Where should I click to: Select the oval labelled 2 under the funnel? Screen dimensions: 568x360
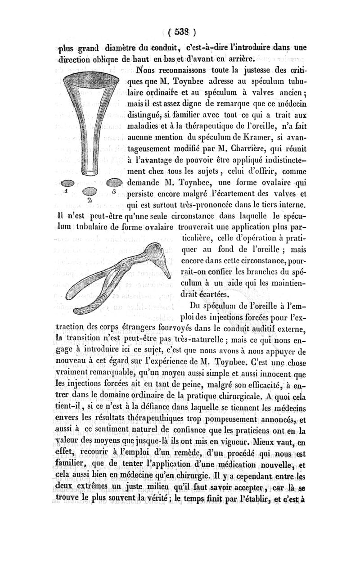point(90,191)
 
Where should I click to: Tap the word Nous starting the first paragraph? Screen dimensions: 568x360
point(147,70)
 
